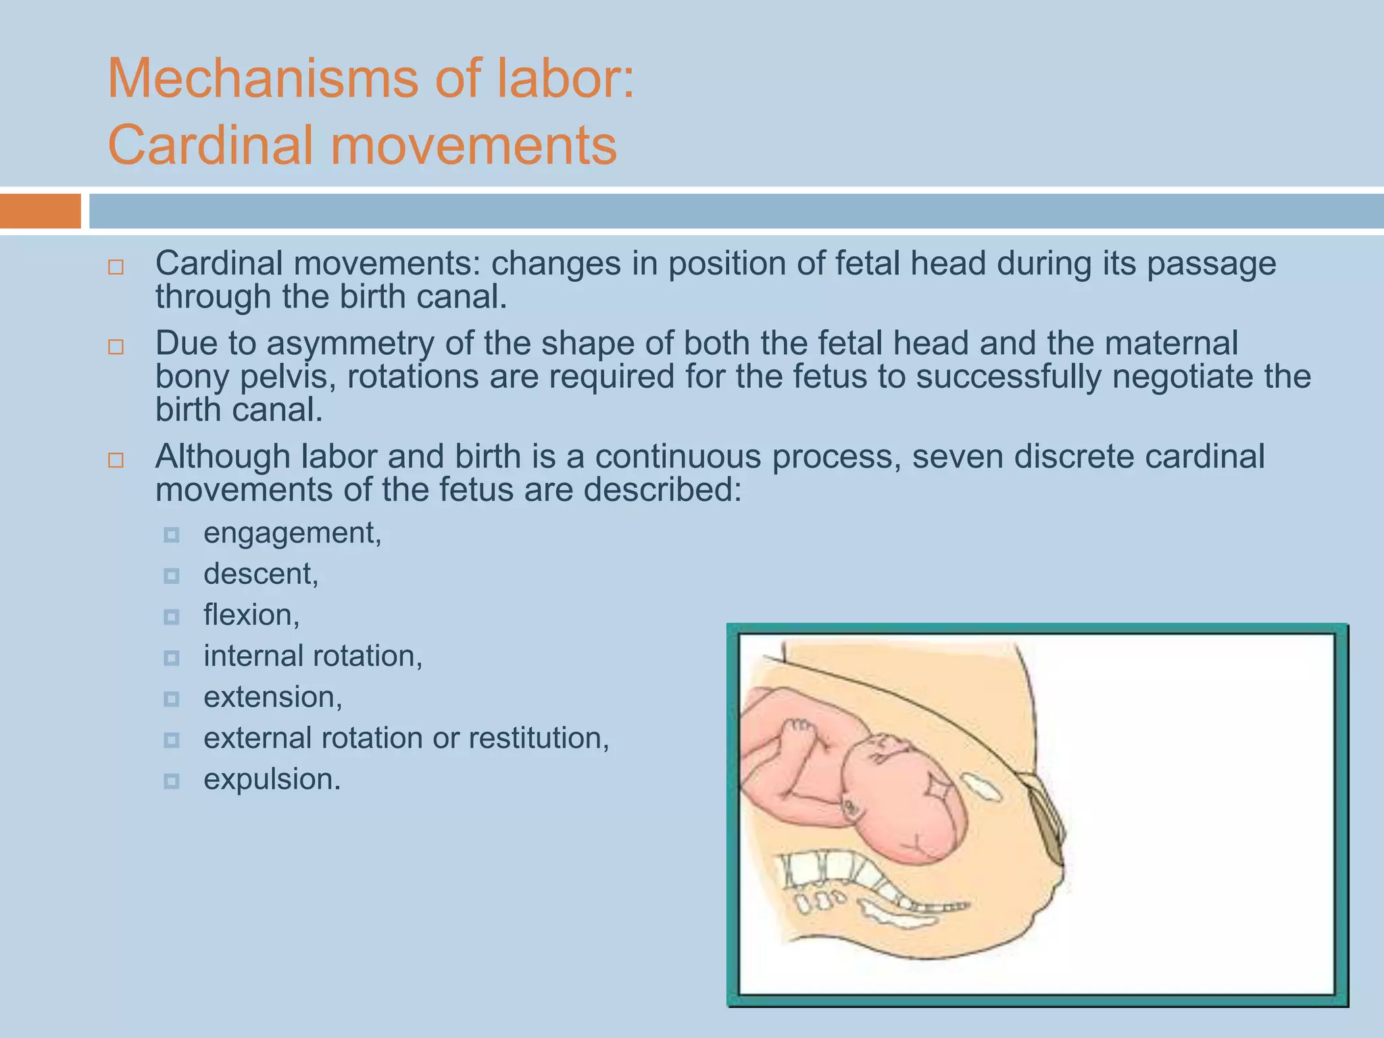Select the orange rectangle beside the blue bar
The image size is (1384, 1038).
[40, 211]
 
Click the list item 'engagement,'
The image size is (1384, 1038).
[292, 533]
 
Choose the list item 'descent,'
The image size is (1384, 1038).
[260, 574]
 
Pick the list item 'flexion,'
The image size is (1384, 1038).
[251, 615]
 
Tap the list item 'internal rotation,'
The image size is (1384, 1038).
[313, 656]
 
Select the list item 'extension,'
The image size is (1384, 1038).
[273, 697]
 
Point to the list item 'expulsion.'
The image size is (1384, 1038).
[272, 779]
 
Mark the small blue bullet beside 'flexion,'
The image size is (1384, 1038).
[172, 617]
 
